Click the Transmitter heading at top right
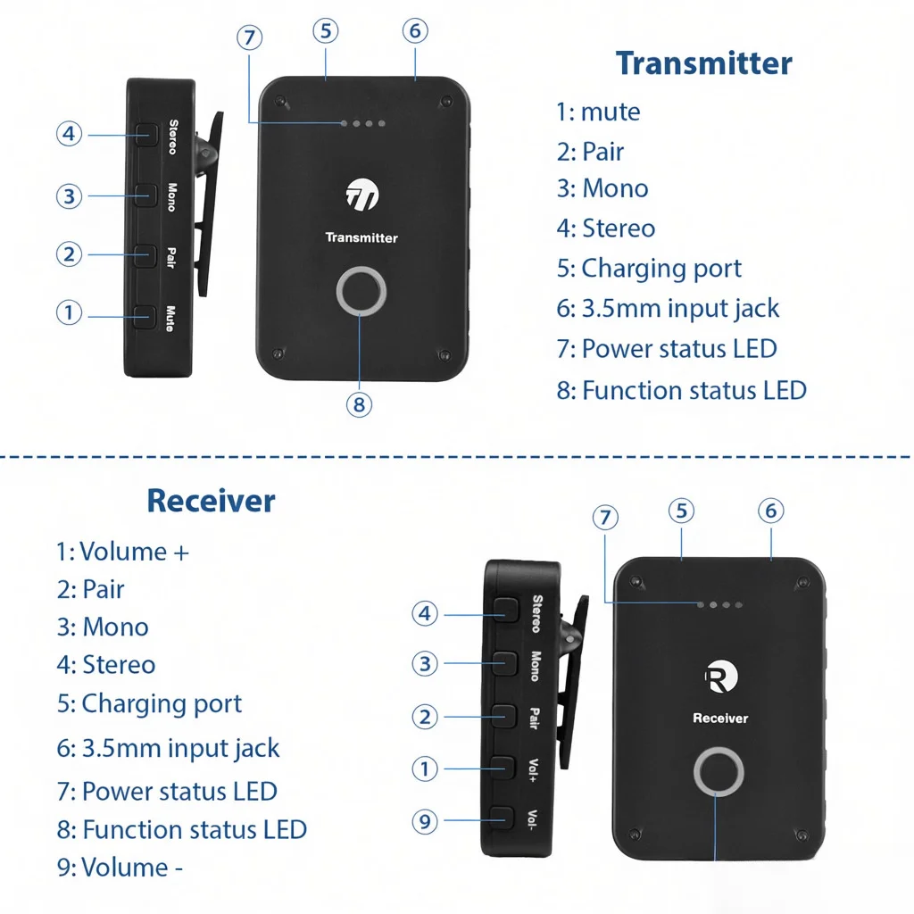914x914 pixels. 703,64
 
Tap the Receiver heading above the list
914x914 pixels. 211,501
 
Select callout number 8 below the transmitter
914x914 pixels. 359,404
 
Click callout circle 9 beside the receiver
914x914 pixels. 425,821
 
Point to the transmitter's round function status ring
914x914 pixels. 361,291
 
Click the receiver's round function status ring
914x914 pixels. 719,773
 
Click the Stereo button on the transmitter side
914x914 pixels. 145,135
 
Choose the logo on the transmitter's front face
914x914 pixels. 361,195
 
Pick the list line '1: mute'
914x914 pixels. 598,112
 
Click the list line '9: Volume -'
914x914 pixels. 120,868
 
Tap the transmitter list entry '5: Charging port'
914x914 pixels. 649,269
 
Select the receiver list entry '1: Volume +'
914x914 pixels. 123,552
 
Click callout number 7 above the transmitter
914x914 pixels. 251,37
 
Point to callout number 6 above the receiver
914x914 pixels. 771,511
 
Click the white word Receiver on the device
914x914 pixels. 720,719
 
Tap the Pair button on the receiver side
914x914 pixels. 503,715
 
